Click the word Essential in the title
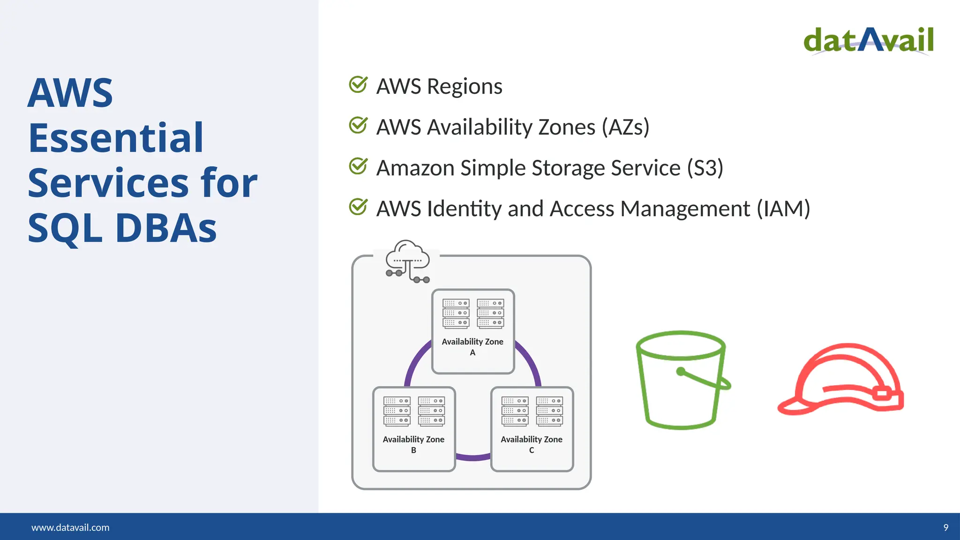pyautogui.click(x=116, y=138)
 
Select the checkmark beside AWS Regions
pyautogui.click(x=358, y=85)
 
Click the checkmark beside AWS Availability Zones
pyautogui.click(x=358, y=126)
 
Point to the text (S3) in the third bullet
pyautogui.click(x=705, y=168)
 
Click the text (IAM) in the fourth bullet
pyautogui.click(x=783, y=209)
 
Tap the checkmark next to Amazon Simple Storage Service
pyautogui.click(x=358, y=166)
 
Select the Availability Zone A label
pyautogui.click(x=472, y=346)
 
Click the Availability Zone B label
pyautogui.click(x=413, y=444)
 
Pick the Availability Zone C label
pyautogui.click(x=532, y=444)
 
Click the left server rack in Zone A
pyautogui.click(x=456, y=313)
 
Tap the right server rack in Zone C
pyautogui.click(x=549, y=411)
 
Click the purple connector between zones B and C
pyautogui.click(x=473, y=457)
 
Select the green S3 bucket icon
pyautogui.click(x=682, y=380)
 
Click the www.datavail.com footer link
pyautogui.click(x=70, y=527)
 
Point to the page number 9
pyautogui.click(x=945, y=527)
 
